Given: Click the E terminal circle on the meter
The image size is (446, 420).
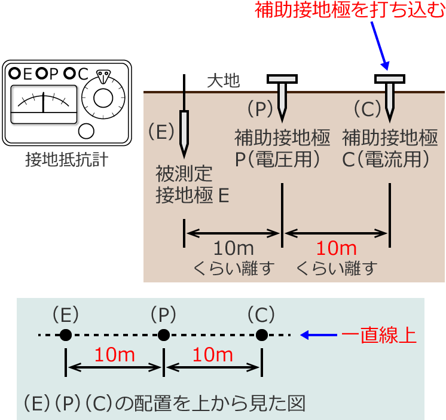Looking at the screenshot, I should [x=15, y=74].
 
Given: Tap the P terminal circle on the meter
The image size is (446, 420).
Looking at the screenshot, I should [x=42, y=74].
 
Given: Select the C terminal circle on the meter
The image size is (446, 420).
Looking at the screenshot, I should [x=70, y=74].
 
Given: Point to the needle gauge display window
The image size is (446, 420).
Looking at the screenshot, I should [x=44, y=104].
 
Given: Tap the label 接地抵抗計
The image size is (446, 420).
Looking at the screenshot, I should [x=67, y=160].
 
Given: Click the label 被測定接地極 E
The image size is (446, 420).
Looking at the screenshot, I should [x=193, y=185].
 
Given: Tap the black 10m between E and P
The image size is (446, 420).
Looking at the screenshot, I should [x=234, y=249].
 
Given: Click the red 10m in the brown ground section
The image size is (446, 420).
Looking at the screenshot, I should [x=336, y=249].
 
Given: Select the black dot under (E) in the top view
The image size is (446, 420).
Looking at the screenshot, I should [x=66, y=336].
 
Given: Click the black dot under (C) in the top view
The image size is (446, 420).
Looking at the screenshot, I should [x=261, y=336].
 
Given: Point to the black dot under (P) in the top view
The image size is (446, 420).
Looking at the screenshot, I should [x=163, y=336].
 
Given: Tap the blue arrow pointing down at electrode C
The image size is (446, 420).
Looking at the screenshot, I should [x=379, y=45].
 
